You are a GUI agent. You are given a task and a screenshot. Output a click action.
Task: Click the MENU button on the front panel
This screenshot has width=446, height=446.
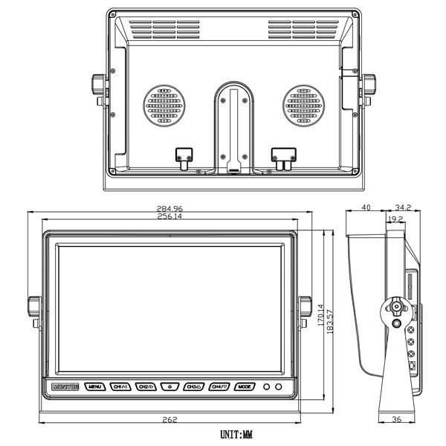tap(94, 387)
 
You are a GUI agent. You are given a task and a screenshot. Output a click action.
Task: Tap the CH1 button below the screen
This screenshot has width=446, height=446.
tap(120, 387)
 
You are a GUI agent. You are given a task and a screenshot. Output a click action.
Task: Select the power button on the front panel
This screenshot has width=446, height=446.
tap(170, 387)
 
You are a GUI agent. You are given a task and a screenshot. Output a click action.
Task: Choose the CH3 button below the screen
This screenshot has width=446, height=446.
tap(195, 387)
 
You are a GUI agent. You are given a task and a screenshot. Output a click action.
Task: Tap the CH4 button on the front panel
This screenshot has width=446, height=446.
tap(219, 387)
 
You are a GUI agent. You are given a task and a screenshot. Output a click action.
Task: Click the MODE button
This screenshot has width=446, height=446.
tap(244, 387)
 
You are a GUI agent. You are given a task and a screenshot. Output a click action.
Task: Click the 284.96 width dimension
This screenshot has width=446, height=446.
tap(169, 209)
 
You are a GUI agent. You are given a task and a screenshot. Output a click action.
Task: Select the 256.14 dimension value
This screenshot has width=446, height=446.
tap(169, 217)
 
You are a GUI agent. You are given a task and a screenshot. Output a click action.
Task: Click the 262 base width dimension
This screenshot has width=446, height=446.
tap(169, 420)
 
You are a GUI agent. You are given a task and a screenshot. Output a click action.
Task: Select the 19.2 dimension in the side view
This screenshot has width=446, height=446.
tap(395, 219)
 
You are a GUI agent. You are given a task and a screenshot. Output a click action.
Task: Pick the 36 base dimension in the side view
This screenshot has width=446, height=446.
tap(396, 420)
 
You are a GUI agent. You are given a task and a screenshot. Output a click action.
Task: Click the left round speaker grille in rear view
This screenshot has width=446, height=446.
tap(164, 106)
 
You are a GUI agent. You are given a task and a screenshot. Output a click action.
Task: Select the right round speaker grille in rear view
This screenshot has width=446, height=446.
tap(303, 106)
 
